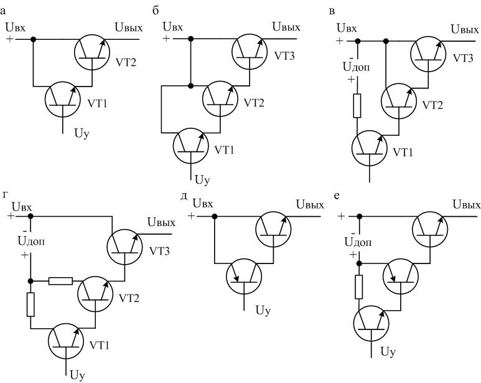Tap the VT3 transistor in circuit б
(250, 51)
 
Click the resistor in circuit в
(357, 106)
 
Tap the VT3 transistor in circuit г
(126, 244)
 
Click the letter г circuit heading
(5, 195)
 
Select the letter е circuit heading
(337, 195)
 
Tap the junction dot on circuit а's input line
(34, 40)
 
